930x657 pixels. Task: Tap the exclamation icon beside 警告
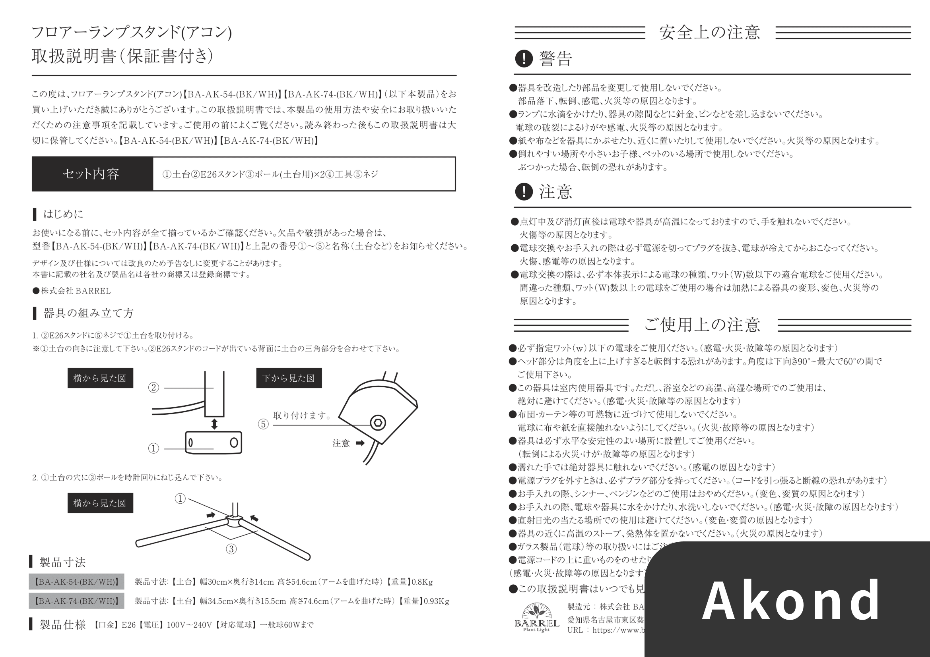(x=524, y=59)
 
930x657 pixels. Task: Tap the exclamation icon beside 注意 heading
(x=524, y=191)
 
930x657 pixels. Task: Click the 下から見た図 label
(x=289, y=378)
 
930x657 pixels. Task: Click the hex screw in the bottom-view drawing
(x=377, y=423)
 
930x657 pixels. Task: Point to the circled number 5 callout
(x=263, y=424)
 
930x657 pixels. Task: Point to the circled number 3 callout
(x=231, y=549)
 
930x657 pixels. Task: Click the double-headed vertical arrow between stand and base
(x=214, y=424)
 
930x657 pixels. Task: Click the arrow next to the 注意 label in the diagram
(x=360, y=443)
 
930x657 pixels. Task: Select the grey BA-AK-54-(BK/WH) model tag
(x=77, y=582)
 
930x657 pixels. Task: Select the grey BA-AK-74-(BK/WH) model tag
(x=77, y=601)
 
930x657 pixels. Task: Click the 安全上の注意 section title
(x=709, y=32)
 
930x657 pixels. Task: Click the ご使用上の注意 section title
(x=702, y=325)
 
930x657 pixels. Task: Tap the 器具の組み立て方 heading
(x=88, y=313)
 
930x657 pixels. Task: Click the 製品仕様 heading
(x=63, y=625)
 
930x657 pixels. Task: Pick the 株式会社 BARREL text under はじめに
(x=75, y=291)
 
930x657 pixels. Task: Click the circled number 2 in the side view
(x=153, y=388)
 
